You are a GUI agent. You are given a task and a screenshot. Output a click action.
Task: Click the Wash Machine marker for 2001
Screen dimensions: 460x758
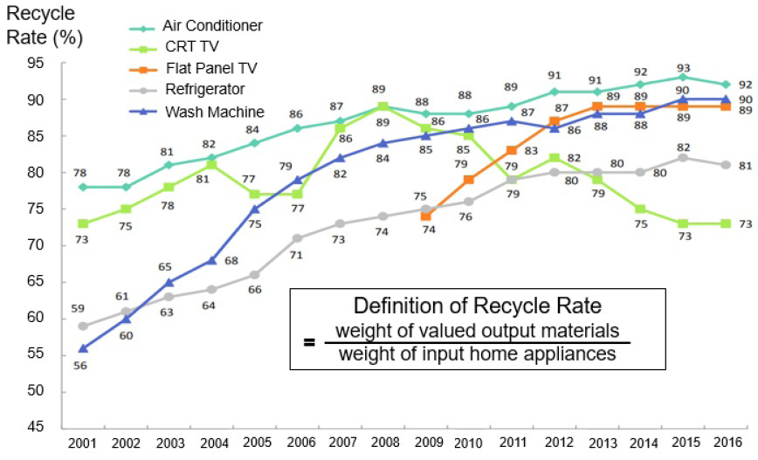[83, 347]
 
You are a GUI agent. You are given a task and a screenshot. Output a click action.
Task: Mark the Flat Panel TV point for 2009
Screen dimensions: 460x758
[425, 216]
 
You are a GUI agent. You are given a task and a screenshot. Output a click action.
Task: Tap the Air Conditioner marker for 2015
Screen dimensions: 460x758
[682, 77]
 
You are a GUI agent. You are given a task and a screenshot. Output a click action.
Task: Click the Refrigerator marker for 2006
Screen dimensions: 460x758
[297, 237]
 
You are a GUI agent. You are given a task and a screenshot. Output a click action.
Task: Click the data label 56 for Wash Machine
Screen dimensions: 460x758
[83, 367]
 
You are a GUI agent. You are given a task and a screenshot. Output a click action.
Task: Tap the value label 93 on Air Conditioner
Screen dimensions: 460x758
[682, 60]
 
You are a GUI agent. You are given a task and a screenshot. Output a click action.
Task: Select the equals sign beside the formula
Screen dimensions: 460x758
[309, 342]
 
